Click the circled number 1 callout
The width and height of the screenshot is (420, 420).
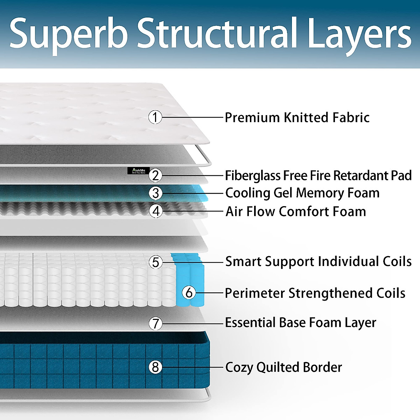[x=155, y=117]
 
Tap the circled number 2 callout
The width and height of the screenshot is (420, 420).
[x=155, y=175]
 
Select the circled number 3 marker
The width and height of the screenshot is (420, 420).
[x=155, y=193]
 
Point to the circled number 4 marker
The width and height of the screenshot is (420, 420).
[x=156, y=211]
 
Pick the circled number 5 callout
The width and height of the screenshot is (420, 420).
[x=156, y=262]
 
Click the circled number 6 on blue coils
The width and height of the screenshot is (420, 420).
[x=189, y=293]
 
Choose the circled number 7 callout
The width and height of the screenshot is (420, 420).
[x=155, y=324]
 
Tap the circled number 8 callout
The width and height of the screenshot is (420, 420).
[x=155, y=367]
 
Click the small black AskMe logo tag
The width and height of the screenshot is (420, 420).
[x=139, y=171]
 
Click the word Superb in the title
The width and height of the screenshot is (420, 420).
[x=69, y=35]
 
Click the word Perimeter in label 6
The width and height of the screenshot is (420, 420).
[x=255, y=293]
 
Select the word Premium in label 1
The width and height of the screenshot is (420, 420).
[x=252, y=118]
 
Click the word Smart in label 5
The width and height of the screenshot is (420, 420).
[x=243, y=261]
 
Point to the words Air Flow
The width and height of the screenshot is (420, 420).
[x=250, y=211]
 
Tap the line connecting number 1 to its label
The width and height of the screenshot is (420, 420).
[x=192, y=117]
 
